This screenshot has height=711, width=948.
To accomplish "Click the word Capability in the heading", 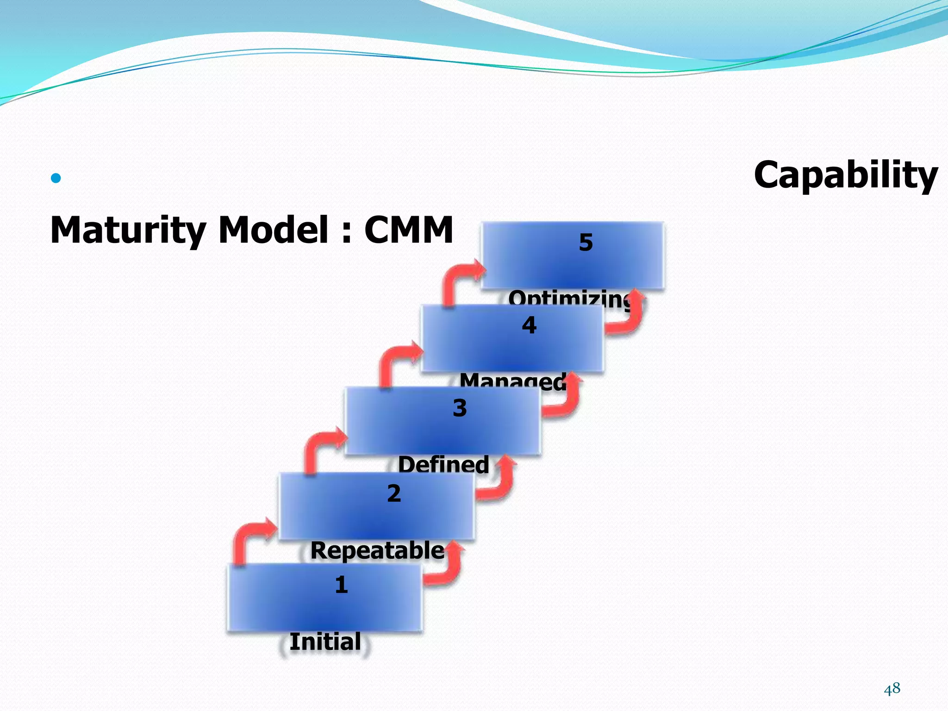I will coord(845,175).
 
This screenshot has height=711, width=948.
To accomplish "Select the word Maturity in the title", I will coord(128,230).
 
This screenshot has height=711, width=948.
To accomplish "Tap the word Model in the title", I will coord(273,230).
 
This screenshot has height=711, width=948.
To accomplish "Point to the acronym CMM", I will coord(408,230).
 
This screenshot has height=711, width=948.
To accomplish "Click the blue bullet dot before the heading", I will coord(56,178).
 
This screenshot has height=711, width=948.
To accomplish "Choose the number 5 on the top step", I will coord(586,243).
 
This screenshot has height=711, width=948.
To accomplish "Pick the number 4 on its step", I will coord(529,325).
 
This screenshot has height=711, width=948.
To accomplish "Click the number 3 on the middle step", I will coord(460,408).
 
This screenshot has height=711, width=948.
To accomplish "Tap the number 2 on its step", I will coord(394,493).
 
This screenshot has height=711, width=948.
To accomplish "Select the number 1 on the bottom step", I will coord(341,585).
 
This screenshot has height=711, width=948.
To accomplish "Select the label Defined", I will coord(443,464).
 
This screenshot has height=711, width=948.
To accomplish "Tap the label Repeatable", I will coord(377,550).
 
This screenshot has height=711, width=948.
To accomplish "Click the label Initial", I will coord(325,642).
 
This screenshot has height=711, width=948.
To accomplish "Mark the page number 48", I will coord(892,689).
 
